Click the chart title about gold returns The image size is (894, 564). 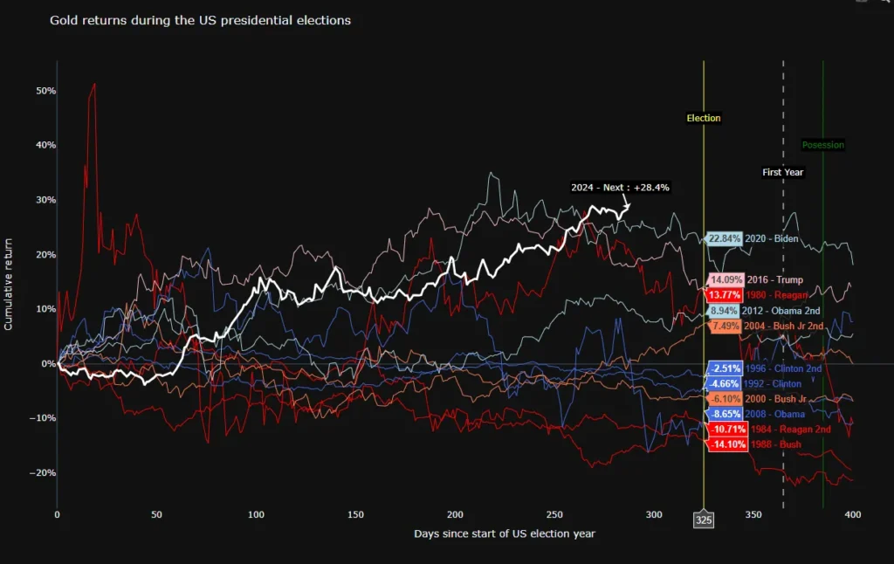tap(201, 20)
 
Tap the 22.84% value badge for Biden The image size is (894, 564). tap(725, 238)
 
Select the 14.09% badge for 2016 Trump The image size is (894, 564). tap(726, 280)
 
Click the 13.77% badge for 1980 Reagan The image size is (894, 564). tap(726, 295)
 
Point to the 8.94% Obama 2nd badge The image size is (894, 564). tap(724, 311)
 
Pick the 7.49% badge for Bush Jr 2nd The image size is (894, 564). tap(724, 326)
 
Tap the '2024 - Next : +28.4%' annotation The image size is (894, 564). tap(621, 187)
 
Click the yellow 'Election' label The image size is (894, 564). tap(704, 118)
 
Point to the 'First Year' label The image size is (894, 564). tap(782, 172)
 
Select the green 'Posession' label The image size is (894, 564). tap(823, 145)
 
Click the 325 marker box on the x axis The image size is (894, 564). tap(704, 520)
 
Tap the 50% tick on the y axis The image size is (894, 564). tap(45, 91)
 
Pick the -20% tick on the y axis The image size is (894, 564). tap(44, 472)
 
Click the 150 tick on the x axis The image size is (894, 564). tap(355, 515)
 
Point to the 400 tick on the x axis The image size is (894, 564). tap(853, 515)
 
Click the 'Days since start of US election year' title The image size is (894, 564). tap(504, 533)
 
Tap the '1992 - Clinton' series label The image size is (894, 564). tap(772, 383)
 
